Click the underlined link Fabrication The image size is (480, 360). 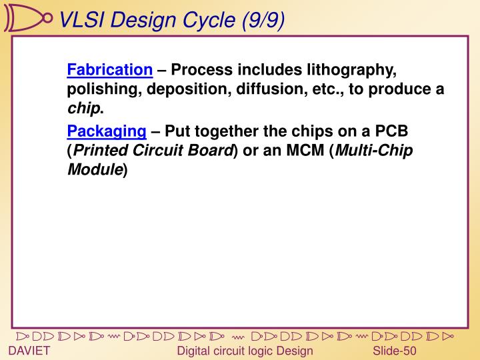click(x=110, y=70)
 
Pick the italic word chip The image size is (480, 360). click(x=83, y=109)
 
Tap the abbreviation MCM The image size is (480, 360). click(x=305, y=150)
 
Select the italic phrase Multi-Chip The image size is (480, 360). click(x=373, y=150)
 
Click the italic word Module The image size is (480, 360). click(x=95, y=169)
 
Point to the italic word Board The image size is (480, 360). click(x=210, y=150)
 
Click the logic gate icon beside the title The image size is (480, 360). click(x=27, y=18)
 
